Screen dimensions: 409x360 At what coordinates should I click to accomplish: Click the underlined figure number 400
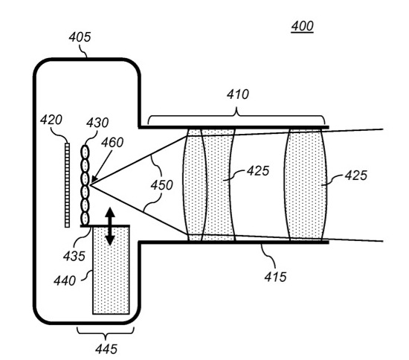point(303,26)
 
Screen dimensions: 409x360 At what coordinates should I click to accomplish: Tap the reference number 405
point(80,37)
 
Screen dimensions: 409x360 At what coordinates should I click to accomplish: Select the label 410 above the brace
point(238,94)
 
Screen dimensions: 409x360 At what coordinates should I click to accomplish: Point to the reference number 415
point(275,277)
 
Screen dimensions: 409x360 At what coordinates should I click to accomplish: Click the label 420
point(51,120)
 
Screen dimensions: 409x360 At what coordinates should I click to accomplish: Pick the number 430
point(97,123)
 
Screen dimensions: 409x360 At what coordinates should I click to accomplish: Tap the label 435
point(74,256)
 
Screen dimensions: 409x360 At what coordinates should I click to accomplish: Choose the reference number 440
point(65,281)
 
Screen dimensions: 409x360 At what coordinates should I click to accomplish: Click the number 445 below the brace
point(106,349)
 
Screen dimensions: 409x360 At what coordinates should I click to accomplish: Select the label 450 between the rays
point(161,185)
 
